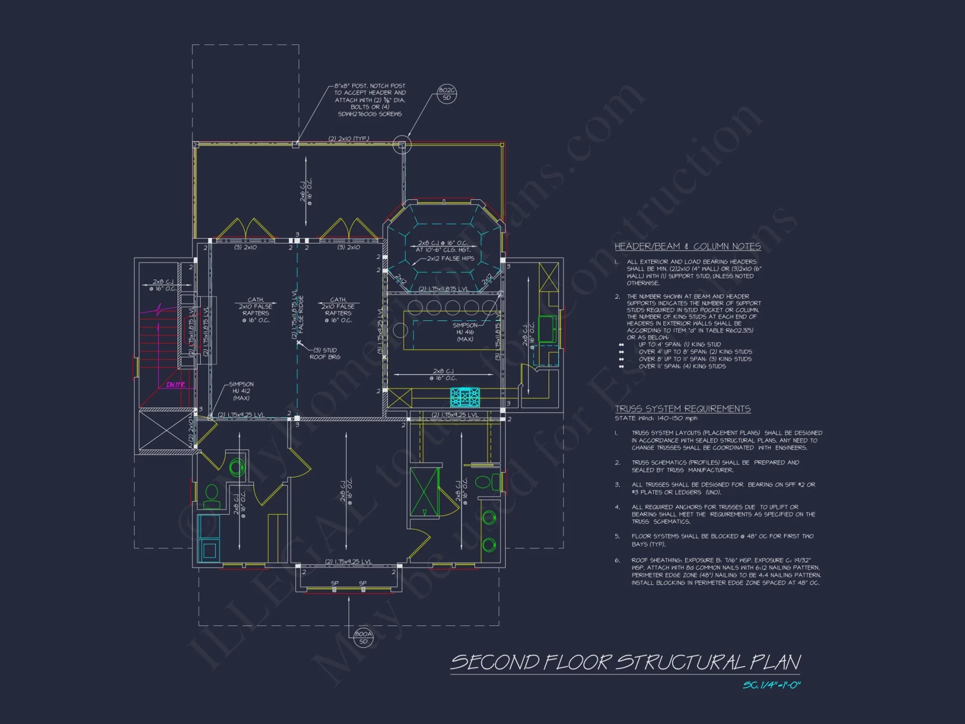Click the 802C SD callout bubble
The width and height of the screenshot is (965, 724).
tap(447, 94)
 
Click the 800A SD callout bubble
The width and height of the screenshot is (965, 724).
tap(363, 638)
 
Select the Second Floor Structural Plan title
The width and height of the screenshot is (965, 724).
tap(625, 662)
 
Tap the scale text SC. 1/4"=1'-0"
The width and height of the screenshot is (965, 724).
tap(772, 685)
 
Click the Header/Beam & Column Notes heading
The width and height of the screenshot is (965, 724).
tap(688, 246)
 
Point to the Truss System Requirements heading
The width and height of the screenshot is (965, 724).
tap(683, 409)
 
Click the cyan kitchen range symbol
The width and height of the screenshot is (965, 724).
tap(465, 397)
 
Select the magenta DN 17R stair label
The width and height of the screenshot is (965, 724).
tap(176, 385)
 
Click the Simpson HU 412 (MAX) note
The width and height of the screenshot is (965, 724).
tap(241, 391)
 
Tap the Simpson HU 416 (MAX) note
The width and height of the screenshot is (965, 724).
tap(465, 332)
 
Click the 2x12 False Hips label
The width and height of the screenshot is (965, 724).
tap(450, 258)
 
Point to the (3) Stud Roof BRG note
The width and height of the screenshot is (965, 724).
tap(325, 353)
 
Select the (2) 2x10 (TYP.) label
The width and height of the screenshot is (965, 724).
tap(349, 139)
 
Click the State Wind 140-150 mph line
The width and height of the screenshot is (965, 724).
tap(656, 418)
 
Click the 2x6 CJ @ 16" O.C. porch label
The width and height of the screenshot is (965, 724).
tap(306, 192)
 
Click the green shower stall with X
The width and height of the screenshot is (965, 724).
tap(424, 491)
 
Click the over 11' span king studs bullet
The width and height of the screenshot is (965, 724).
tap(682, 366)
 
